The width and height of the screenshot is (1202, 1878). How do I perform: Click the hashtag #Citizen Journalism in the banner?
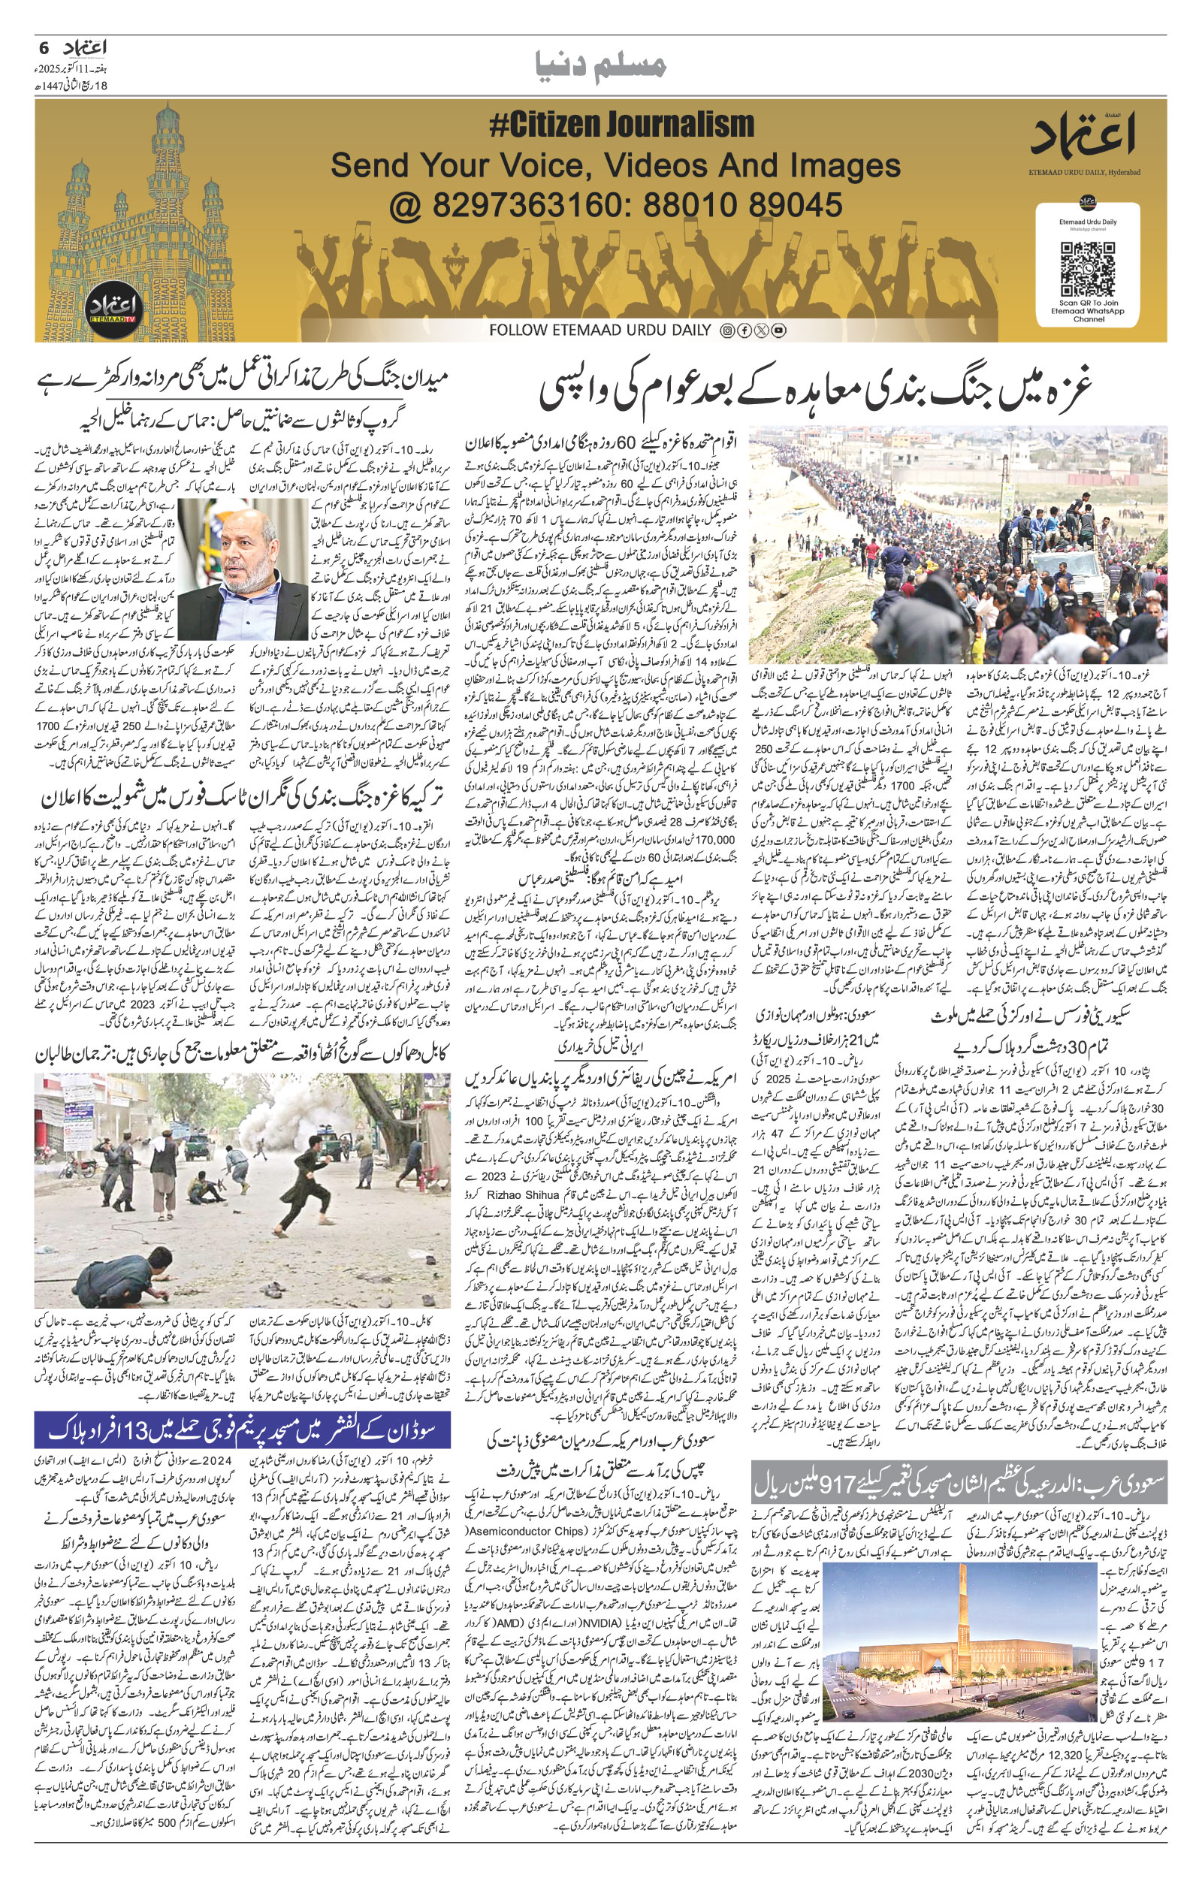621,125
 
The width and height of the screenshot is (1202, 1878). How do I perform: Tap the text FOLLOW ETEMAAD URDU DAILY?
600,331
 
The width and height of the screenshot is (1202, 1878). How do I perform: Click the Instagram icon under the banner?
726,331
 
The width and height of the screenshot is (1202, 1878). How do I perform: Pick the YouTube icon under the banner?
778,331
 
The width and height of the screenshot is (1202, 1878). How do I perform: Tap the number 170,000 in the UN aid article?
708,841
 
